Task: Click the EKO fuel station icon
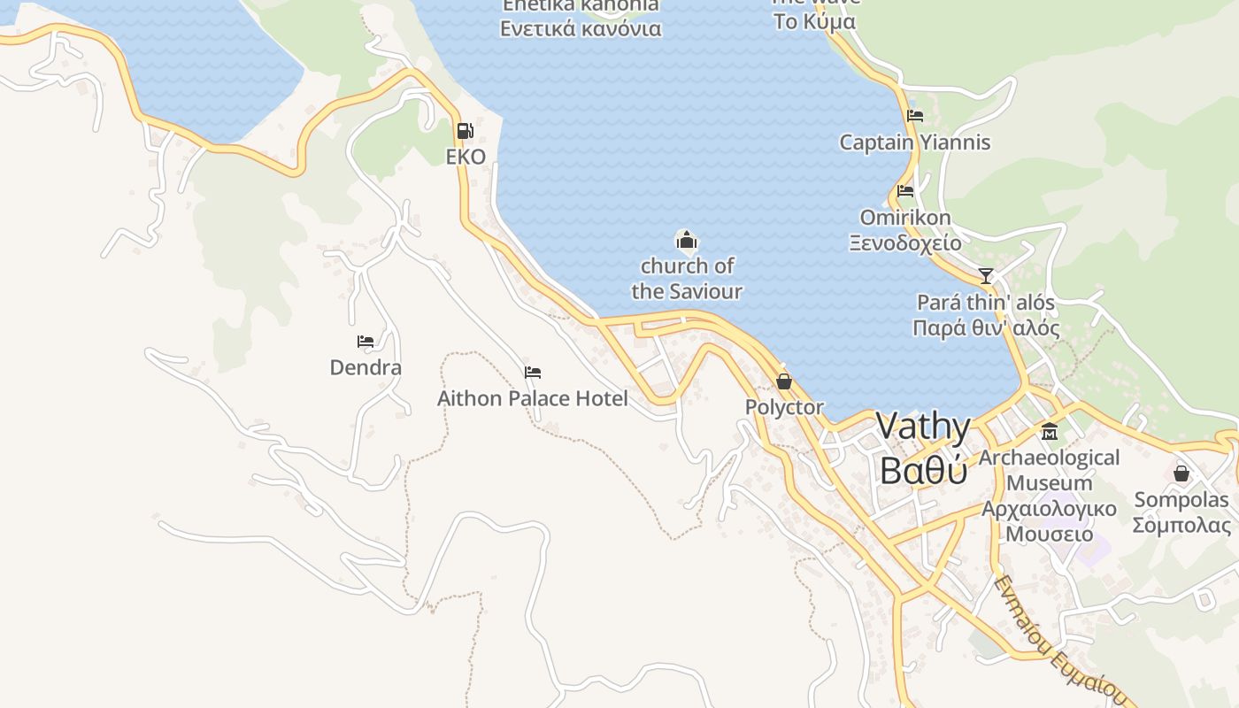[465, 131]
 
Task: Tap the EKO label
[466, 158]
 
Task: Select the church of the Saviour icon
[686, 240]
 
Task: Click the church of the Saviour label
[687, 278]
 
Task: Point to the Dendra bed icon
[366, 342]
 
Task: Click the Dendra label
[366, 367]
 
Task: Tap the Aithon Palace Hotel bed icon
[532, 373]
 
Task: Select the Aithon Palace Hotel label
[533, 399]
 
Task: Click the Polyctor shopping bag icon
[783, 381]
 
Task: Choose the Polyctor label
[784, 408]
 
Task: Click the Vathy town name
[923, 427]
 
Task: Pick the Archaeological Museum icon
[1050, 432]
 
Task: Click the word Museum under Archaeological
[1050, 483]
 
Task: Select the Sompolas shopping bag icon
[1181, 473]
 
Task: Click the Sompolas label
[1181, 500]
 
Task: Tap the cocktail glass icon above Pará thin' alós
[986, 276]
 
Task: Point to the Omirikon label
[905, 218]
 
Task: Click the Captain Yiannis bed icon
[915, 116]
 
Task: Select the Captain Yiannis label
[915, 142]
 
